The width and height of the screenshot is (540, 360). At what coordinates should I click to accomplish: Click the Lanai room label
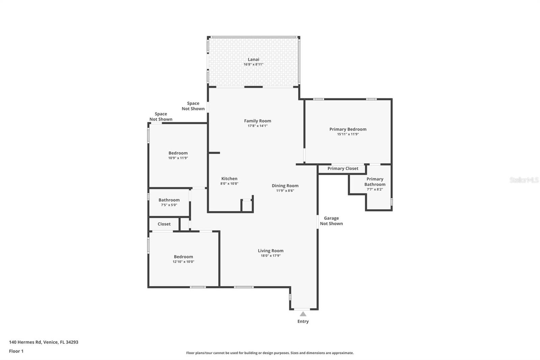(253, 59)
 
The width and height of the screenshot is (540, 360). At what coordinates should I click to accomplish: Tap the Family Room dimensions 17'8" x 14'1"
(258, 126)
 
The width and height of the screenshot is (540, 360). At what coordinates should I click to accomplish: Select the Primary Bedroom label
(348, 129)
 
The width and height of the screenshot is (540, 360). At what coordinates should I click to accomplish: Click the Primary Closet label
(343, 169)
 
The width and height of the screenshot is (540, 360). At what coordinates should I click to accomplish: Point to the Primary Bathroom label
(375, 182)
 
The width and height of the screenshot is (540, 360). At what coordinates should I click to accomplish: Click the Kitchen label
(229, 179)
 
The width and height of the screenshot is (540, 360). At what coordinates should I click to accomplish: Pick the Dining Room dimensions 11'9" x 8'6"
(285, 191)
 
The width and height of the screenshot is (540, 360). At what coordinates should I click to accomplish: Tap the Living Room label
(270, 251)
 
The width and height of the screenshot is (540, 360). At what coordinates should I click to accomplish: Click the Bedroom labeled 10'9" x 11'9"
(178, 153)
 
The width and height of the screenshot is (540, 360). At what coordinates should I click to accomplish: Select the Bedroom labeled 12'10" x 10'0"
(183, 257)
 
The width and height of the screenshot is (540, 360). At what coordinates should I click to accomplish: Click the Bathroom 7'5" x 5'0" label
(169, 200)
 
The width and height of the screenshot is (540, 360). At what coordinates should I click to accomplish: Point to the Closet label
(164, 224)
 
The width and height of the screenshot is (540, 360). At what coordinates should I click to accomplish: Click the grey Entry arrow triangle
(303, 314)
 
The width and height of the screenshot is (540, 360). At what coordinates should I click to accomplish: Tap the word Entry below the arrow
(303, 322)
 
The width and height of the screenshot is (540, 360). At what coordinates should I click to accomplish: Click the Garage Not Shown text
(331, 221)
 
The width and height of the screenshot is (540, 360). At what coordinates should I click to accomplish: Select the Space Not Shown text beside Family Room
(193, 106)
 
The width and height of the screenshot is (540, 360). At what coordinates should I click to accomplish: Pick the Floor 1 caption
(16, 351)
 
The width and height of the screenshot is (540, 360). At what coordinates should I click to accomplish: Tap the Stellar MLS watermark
(524, 180)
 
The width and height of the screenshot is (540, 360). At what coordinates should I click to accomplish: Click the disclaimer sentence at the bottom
(270, 353)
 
